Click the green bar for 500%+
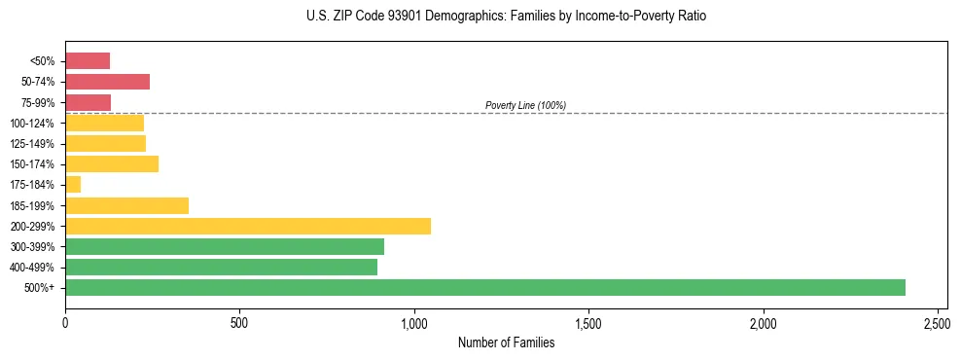point(484,287)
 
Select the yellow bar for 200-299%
point(248,226)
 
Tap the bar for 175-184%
point(73,185)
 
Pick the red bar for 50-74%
point(107,82)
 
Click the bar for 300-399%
point(225,246)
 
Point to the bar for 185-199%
point(126,205)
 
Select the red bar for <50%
point(88,61)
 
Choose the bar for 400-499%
point(221,267)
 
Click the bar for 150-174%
point(112,164)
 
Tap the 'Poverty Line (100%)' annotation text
point(525,105)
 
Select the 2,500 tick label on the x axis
point(937,321)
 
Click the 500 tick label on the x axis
point(239,321)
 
